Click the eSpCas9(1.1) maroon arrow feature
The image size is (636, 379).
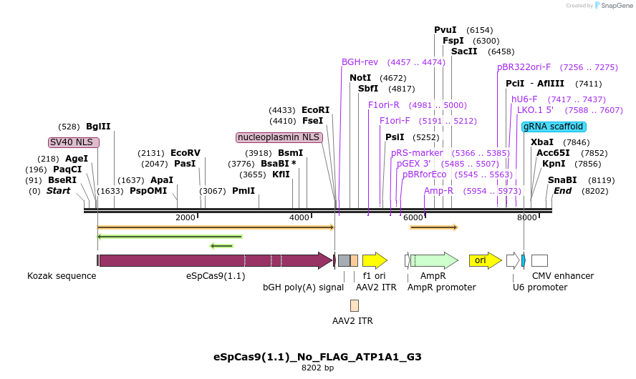215,260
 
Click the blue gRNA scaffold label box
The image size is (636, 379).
554,127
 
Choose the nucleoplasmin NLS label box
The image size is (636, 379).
279,137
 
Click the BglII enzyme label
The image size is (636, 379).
98,127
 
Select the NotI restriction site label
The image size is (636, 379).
360,78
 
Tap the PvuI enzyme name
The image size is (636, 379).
445,30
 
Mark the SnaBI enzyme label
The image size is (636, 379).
562,180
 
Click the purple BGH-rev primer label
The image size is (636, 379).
360,62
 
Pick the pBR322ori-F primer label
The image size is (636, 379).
524,67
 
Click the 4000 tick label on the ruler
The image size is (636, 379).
299,217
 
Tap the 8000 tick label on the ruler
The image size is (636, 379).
526,217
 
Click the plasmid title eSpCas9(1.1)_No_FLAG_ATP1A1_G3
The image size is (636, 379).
317,356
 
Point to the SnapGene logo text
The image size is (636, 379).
610,6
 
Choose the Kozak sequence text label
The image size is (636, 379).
62,276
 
